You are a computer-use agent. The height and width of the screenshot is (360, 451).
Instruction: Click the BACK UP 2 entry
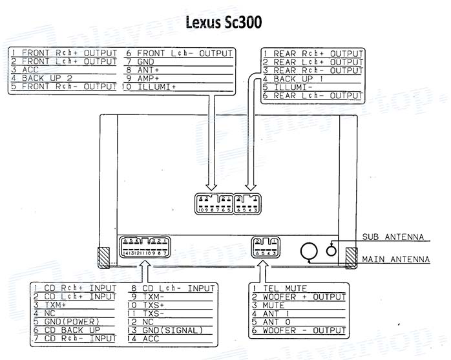(x=42, y=78)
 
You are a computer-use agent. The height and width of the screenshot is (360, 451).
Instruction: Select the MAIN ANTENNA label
(x=395, y=260)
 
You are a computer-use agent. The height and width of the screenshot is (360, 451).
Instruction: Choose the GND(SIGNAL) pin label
(x=172, y=330)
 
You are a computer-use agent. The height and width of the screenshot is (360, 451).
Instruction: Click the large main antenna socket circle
(x=309, y=251)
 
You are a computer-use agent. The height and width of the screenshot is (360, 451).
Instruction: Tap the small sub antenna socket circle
(x=332, y=249)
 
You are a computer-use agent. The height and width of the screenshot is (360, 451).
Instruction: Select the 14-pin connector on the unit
(x=145, y=247)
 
